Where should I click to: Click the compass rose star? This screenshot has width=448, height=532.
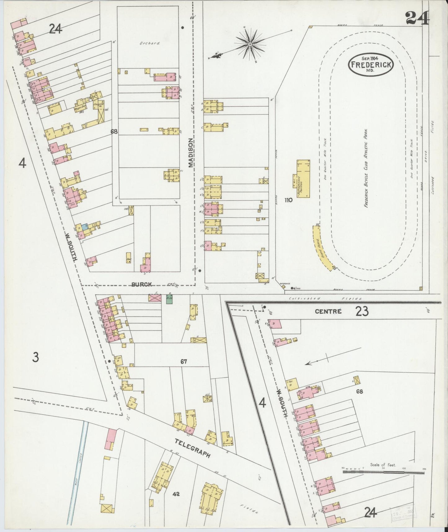pyautogui.click(x=250, y=45)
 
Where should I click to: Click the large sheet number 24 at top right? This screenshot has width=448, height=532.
pyautogui.click(x=417, y=18)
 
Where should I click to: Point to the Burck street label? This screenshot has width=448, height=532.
pyautogui.click(x=141, y=284)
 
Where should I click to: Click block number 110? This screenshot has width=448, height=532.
pyautogui.click(x=288, y=200)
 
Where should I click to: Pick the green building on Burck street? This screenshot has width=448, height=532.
pyautogui.click(x=169, y=299)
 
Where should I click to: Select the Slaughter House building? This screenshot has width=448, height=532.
pyautogui.click(x=100, y=111)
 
